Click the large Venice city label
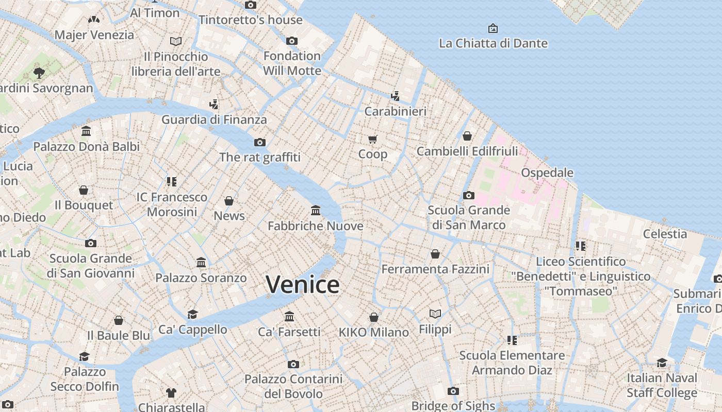point(303,285)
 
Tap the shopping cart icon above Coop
point(373,139)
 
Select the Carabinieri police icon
point(395,96)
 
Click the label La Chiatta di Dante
point(493,43)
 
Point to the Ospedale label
point(547,173)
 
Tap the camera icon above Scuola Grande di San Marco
point(468,195)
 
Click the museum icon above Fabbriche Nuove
point(316,211)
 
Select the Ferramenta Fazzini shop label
point(435,269)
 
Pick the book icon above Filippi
point(435,314)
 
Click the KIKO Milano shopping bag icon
point(374,317)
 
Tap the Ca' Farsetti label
point(289,332)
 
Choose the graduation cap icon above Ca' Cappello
point(192,314)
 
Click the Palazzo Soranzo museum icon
point(201,263)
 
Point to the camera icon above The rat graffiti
point(259,142)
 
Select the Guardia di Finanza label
point(214,120)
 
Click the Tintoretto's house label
point(251,20)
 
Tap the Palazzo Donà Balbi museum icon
point(86,131)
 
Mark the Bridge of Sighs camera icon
point(453,391)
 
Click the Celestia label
point(665,234)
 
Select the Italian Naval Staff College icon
point(662,363)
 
